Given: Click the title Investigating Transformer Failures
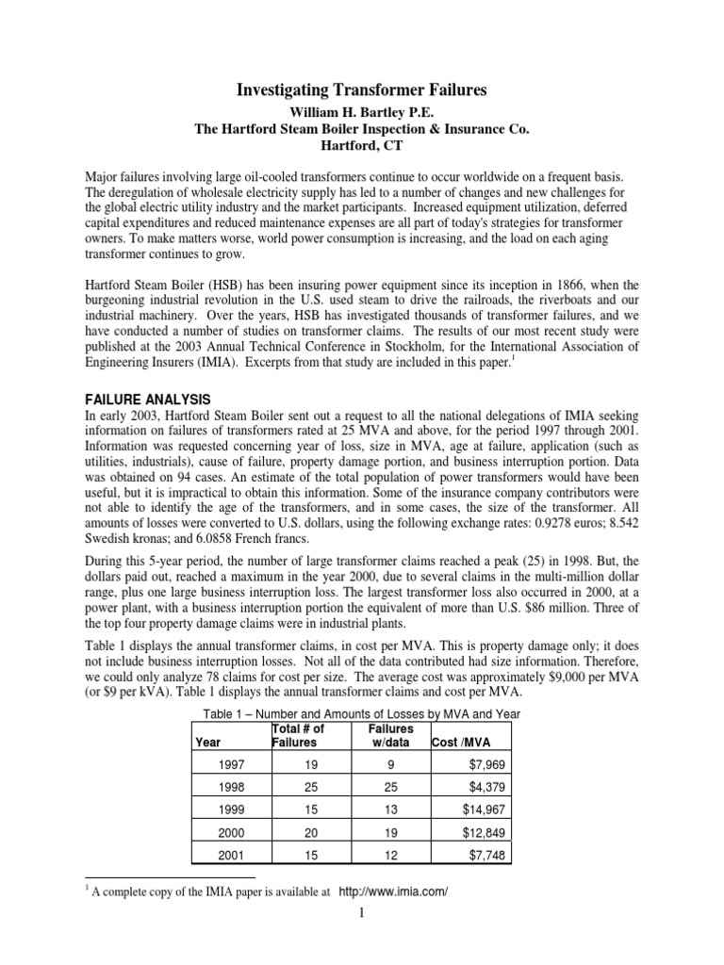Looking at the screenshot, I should [x=361, y=90].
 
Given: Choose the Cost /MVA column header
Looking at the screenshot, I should [x=462, y=742].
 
